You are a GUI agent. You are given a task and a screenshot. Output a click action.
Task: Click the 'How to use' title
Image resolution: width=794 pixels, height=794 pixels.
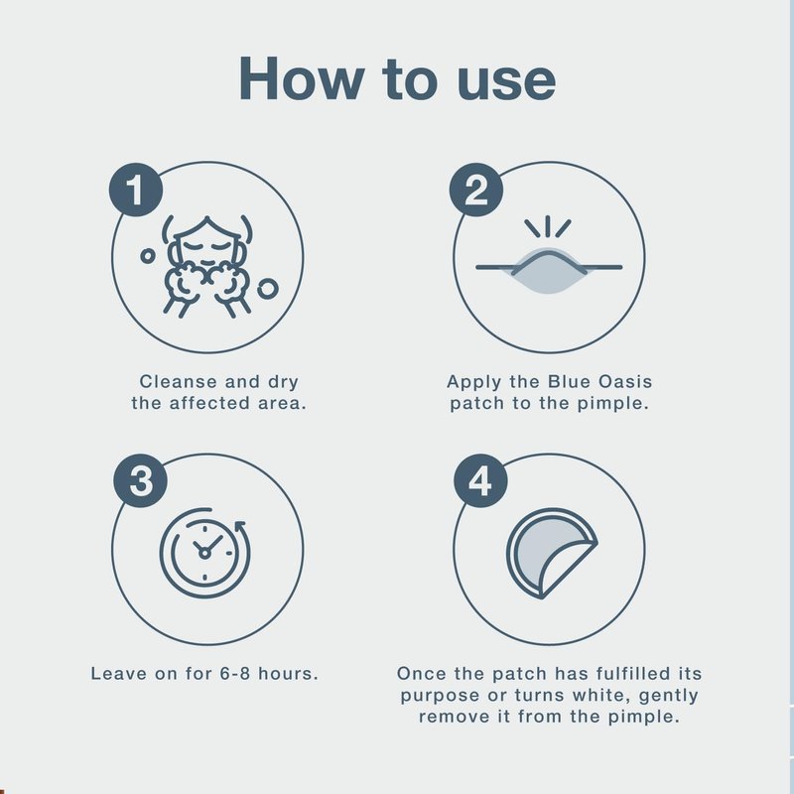(x=397, y=78)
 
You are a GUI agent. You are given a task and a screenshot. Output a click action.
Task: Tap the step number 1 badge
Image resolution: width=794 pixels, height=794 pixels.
(x=136, y=190)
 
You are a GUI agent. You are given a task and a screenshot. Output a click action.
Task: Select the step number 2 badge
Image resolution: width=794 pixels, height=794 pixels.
(x=476, y=190)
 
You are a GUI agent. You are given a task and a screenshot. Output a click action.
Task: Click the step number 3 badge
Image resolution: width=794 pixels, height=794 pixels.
(x=140, y=480)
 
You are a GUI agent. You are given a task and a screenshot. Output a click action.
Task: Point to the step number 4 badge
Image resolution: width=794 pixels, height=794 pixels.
(x=480, y=480)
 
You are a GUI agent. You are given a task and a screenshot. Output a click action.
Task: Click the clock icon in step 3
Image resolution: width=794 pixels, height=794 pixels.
(x=204, y=553)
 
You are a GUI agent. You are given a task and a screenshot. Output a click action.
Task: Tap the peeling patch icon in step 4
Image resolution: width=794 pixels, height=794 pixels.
(x=552, y=554)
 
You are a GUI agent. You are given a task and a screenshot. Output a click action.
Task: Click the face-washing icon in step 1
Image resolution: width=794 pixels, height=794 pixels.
(x=207, y=267)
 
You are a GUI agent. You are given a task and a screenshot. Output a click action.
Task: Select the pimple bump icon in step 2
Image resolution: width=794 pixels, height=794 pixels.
(x=549, y=256)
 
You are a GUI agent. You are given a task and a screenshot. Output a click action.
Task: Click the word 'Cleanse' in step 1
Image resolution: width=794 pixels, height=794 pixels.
(x=179, y=381)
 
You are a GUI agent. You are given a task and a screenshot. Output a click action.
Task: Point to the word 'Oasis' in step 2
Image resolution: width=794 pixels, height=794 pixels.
(x=625, y=381)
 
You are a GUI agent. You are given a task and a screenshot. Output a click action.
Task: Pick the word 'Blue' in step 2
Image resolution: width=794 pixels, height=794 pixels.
(x=569, y=381)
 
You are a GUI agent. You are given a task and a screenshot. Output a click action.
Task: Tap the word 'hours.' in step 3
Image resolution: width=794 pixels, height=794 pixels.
(x=288, y=674)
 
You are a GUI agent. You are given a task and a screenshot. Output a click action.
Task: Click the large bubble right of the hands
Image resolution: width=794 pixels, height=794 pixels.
(x=268, y=289)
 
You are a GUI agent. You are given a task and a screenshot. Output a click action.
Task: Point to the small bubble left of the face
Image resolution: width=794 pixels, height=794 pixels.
(x=147, y=256)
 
